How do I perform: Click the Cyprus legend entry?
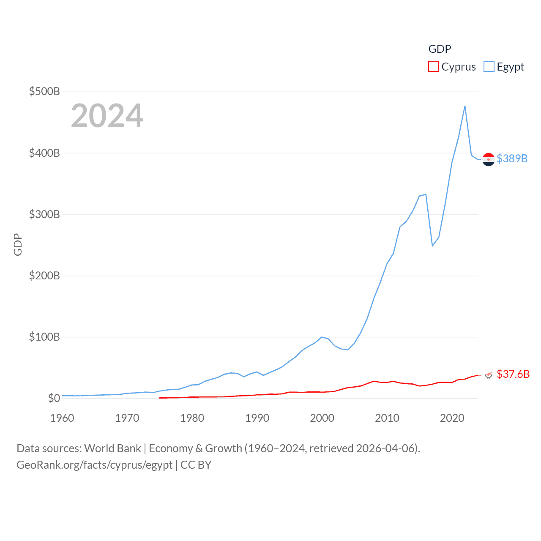pos(452,67)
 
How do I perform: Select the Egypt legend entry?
pos(504,67)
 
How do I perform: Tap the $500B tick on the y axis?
pos(44,91)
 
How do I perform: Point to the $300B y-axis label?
pos(44,214)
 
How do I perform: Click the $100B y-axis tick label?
pos(44,337)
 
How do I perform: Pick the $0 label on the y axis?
pos(54,398)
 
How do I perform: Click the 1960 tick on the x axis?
pos(62,418)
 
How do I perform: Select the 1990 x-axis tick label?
pos(257,418)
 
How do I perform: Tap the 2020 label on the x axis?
pos(452,418)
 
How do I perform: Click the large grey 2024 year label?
pos(107,116)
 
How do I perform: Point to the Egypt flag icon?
pos(489,159)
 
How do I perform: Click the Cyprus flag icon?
pos(489,374)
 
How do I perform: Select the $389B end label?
pos(512,158)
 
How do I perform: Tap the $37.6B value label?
pos(513,374)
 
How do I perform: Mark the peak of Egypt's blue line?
pos(465,106)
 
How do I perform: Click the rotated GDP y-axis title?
pos(18,244)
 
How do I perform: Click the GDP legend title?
pos(440,49)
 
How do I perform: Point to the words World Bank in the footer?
pos(113,448)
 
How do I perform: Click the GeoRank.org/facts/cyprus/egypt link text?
pos(94,465)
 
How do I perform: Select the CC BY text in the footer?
pos(196,465)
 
